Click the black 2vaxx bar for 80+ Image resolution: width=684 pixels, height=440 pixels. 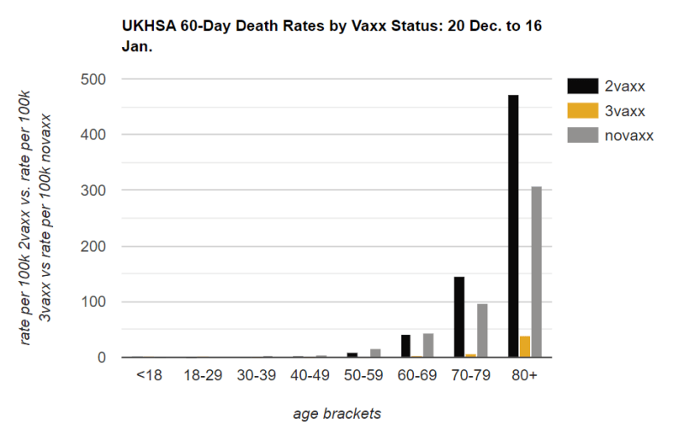click(513, 226)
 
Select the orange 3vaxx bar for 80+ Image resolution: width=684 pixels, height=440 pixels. click(524, 347)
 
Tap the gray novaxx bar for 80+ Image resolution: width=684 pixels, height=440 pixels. click(536, 272)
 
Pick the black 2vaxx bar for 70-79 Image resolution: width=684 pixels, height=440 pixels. click(459, 317)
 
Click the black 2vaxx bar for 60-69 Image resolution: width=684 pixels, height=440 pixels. click(406, 346)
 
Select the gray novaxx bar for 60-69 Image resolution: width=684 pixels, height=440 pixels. click(428, 345)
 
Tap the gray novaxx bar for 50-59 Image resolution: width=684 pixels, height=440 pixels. click(375, 353)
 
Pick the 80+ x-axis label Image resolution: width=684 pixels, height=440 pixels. click(524, 375)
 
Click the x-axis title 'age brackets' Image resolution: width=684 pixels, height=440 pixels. click(337, 414)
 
